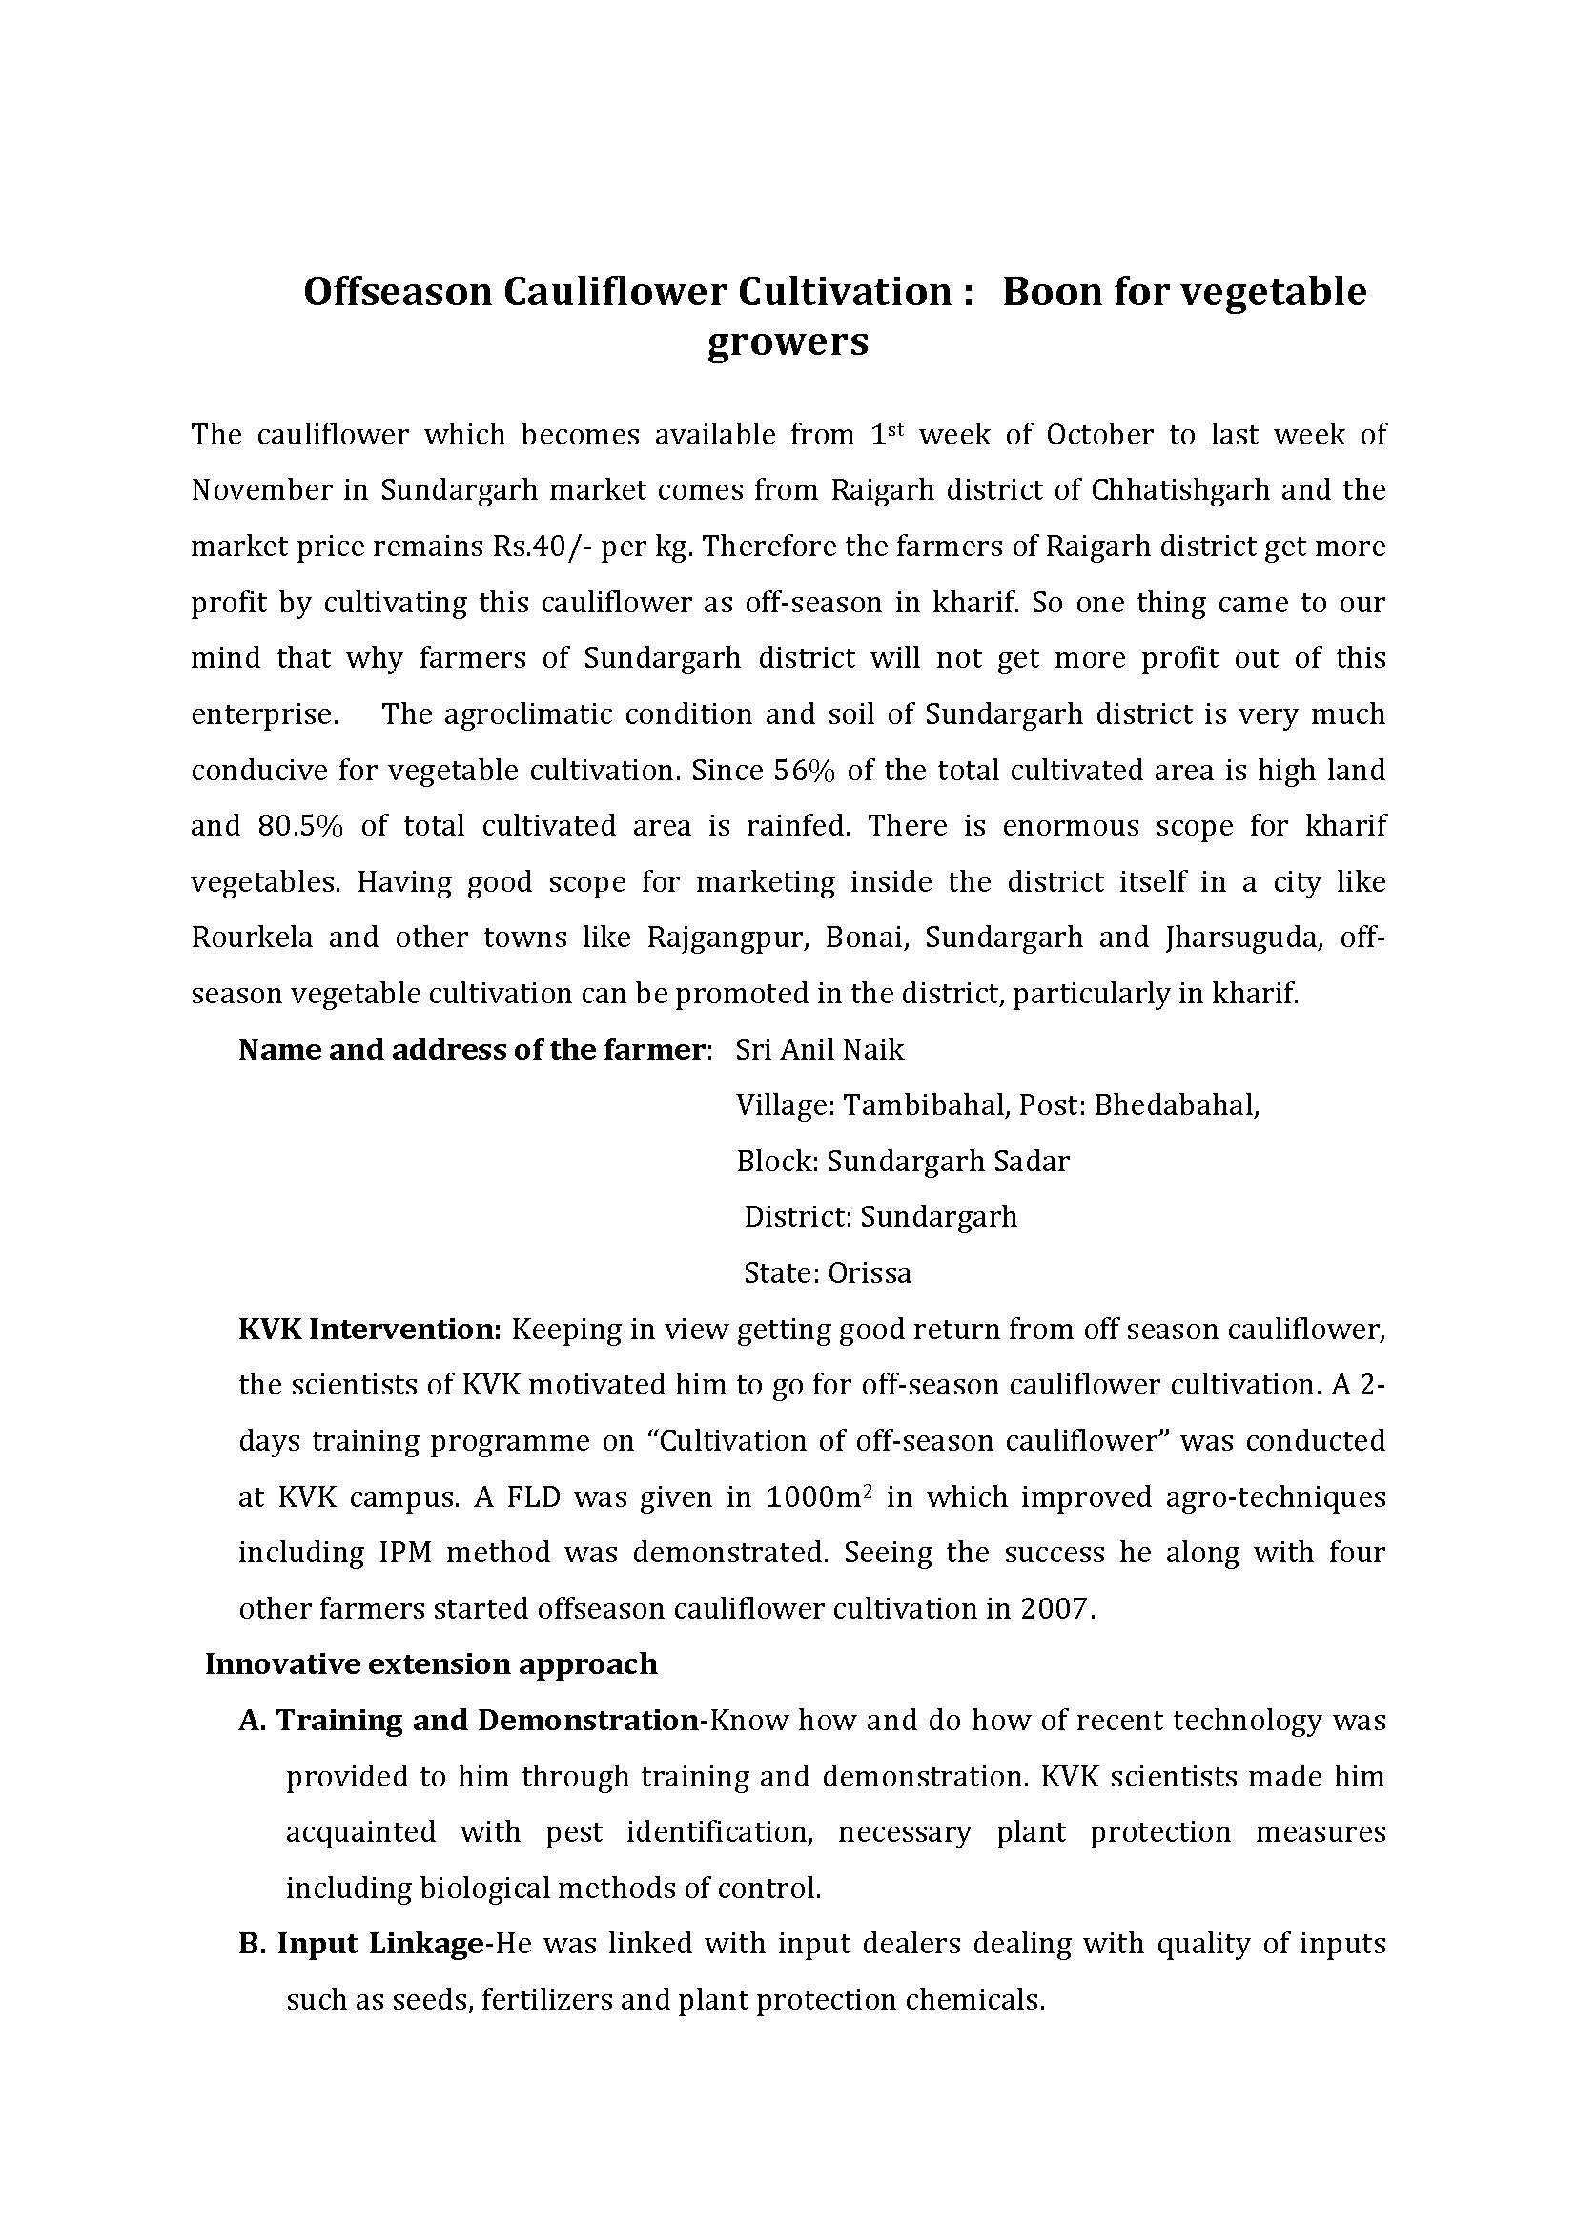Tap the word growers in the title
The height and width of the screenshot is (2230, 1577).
coord(788,342)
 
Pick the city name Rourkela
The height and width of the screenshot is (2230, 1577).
coord(252,939)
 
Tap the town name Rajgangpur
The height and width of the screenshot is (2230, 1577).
coord(729,939)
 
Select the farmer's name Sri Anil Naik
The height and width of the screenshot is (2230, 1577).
coord(820,1050)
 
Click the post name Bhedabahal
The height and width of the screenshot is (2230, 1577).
coord(1176,1105)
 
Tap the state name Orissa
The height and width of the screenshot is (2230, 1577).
coord(870,1273)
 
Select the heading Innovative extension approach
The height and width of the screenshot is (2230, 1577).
coord(431,1664)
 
